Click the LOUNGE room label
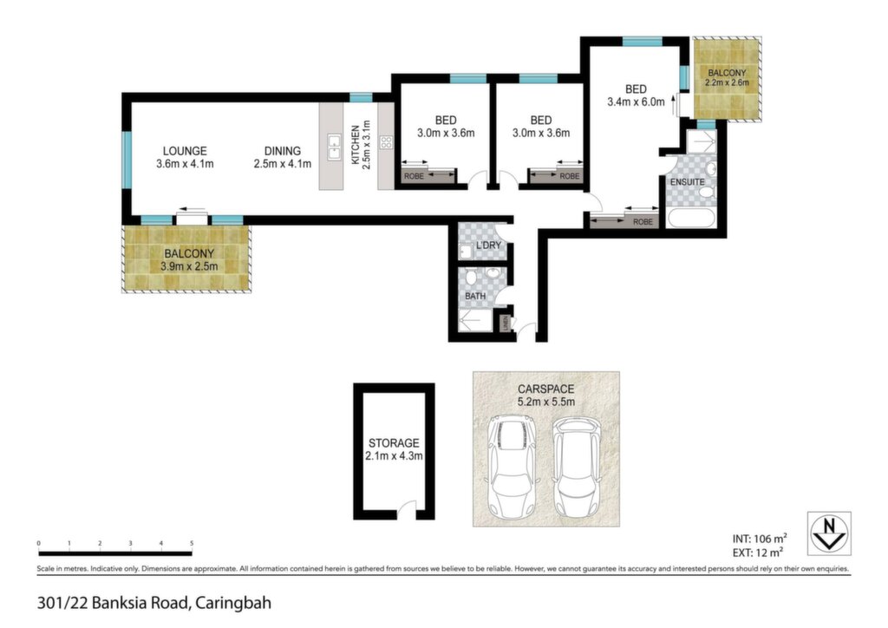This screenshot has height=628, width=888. [185, 151]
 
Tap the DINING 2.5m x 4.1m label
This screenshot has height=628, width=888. [282, 157]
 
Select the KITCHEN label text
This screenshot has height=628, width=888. [355, 146]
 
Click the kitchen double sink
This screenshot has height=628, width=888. [334, 147]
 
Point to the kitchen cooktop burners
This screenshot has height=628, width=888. [386, 142]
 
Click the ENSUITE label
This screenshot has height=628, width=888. [688, 182]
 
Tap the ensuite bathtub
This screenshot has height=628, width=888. [691, 219]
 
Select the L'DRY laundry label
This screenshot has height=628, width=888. [488, 245]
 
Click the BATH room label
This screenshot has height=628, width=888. [475, 296]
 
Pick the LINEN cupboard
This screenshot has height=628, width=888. [503, 324]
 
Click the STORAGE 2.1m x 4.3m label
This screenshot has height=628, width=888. [395, 449]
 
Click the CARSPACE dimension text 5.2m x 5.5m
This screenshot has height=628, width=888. [546, 402]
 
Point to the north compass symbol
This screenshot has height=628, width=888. [829, 533]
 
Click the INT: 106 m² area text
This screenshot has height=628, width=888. [760, 540]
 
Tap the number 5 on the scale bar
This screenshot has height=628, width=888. [192, 544]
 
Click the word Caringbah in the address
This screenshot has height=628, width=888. [232, 603]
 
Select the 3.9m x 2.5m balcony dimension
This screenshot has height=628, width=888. [189, 266]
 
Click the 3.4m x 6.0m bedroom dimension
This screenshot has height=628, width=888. [636, 102]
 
